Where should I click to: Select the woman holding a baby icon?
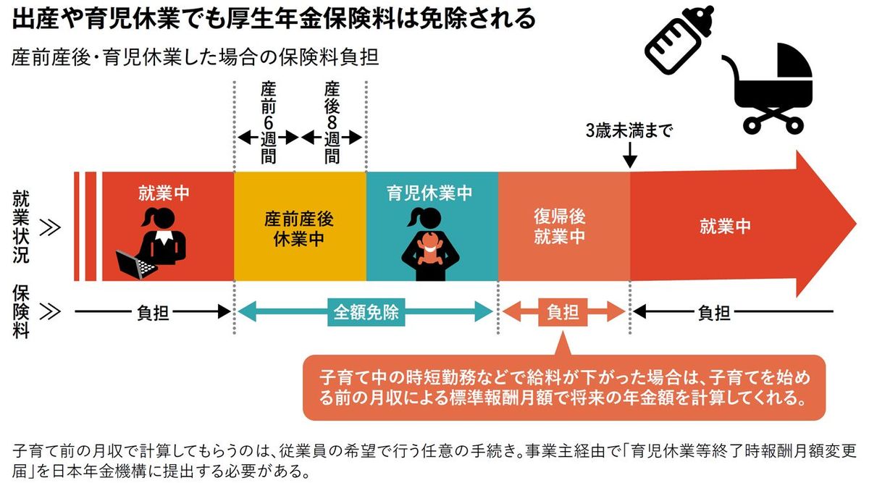pos(429,242)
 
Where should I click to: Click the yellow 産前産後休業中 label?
pos(299,229)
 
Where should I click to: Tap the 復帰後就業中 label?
pos(560,227)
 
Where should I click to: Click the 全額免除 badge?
pos(366,312)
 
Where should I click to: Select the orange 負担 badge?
pos(563,312)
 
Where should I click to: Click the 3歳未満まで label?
pos(629,133)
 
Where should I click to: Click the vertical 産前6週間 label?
pos(268,123)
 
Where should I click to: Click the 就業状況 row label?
pos(22,226)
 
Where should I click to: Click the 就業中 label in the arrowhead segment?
pos(724,226)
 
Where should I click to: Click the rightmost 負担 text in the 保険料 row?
pos(713,312)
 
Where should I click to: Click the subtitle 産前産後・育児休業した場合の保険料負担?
pos(195,58)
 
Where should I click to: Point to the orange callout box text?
pos(563,388)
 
